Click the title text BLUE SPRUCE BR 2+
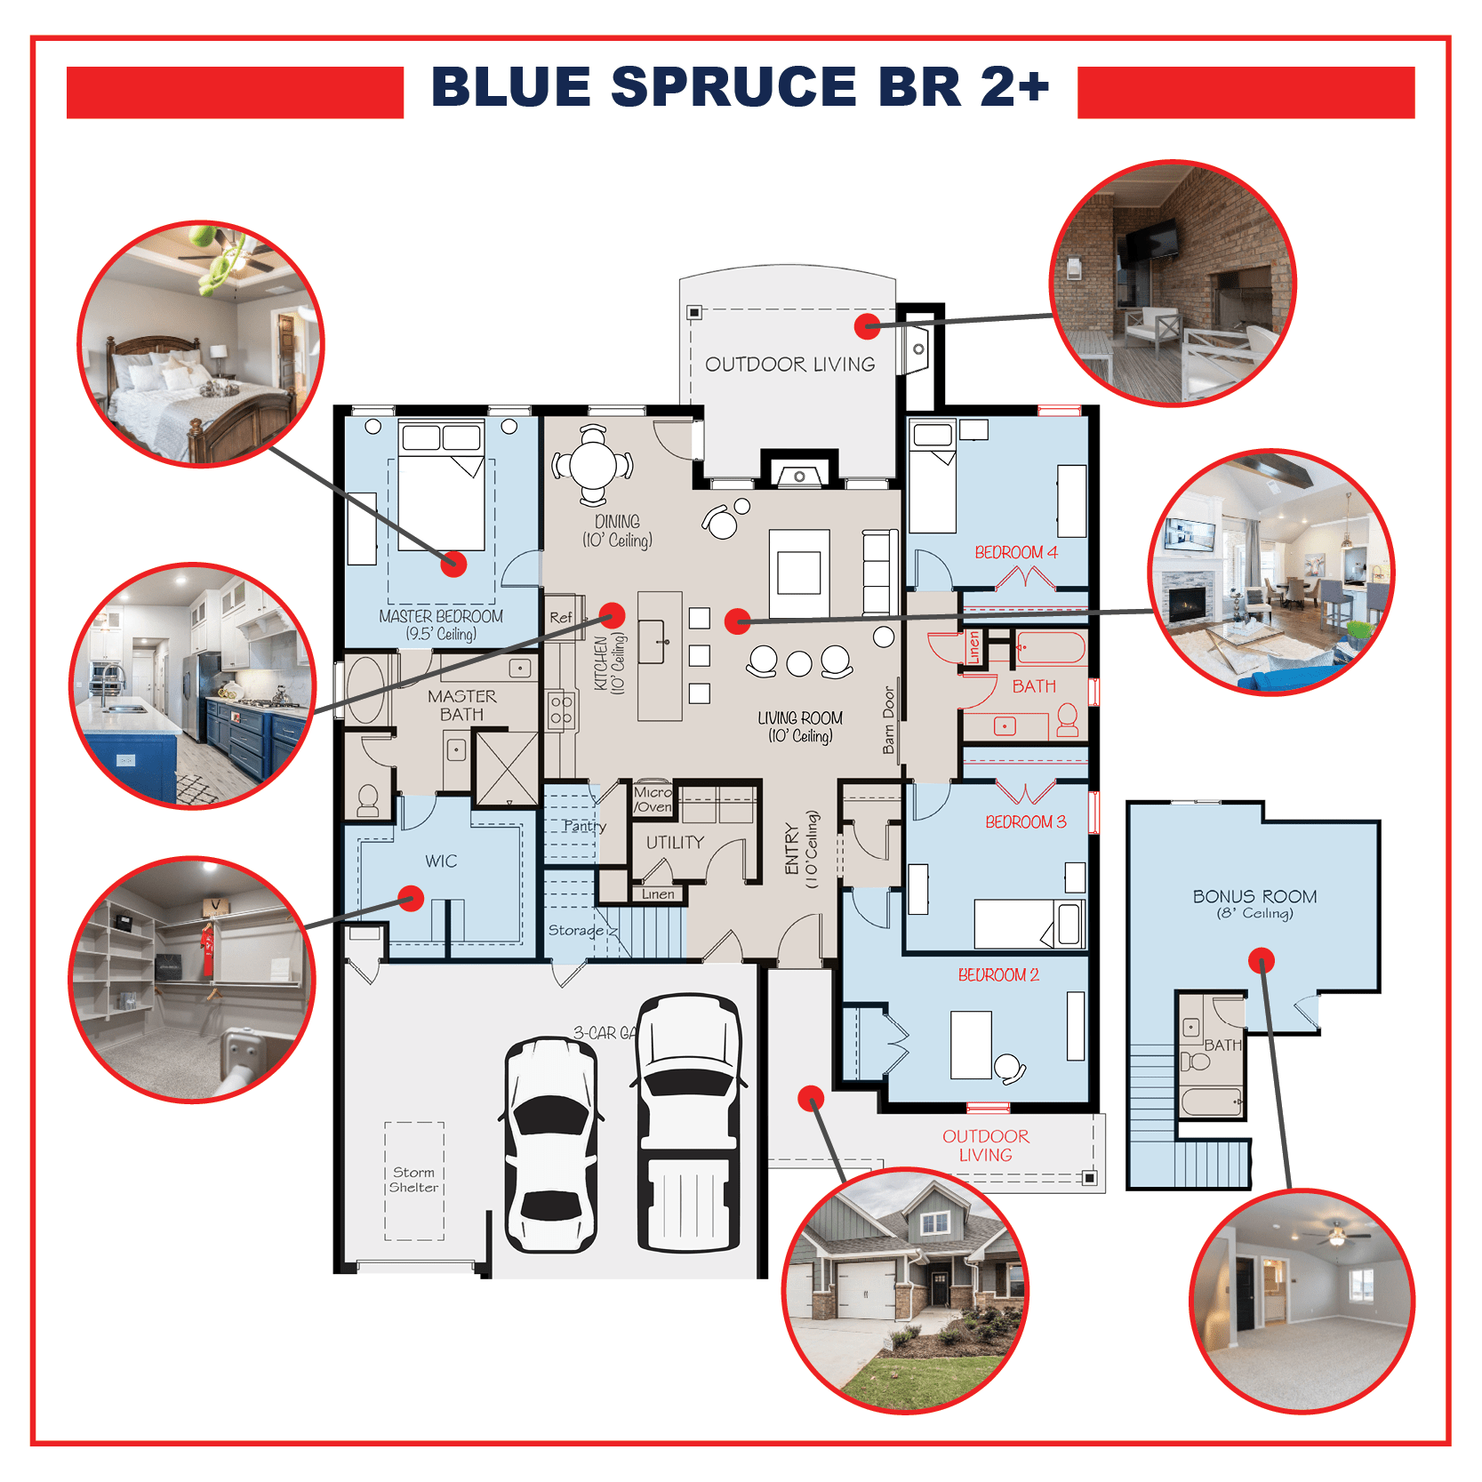click(x=740, y=87)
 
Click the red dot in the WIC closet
click(x=411, y=898)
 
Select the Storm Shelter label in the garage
click(x=414, y=1180)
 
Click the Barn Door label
click(x=889, y=720)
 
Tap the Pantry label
click(x=584, y=826)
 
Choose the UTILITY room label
click(x=675, y=842)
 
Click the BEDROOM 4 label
click(x=1016, y=552)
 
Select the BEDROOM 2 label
click(x=998, y=975)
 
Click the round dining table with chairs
click(x=593, y=465)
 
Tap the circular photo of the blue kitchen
click(x=193, y=685)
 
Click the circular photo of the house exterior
click(x=905, y=1290)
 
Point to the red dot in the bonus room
click(x=1262, y=960)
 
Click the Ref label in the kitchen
click(x=561, y=617)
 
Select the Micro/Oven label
click(x=653, y=799)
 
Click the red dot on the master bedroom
click(x=454, y=564)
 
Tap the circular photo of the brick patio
click(x=1174, y=283)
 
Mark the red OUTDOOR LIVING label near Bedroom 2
click(x=986, y=1145)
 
